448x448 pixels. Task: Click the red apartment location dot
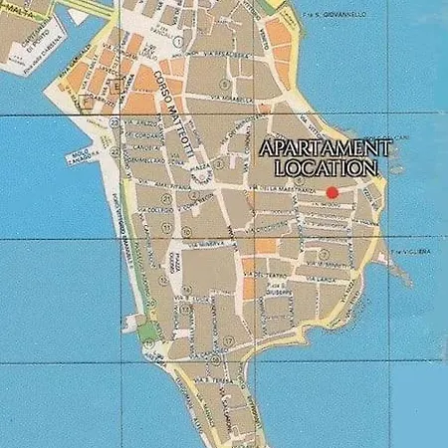click(x=332, y=192)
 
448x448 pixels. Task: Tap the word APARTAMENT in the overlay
click(x=327, y=148)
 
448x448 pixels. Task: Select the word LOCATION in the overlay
click(x=327, y=168)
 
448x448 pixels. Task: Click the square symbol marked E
click(x=116, y=86)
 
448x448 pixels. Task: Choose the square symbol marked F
click(x=90, y=100)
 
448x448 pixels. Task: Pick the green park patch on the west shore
click(x=147, y=330)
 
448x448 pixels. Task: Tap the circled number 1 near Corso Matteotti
click(x=176, y=43)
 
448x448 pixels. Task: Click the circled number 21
click(x=115, y=121)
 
